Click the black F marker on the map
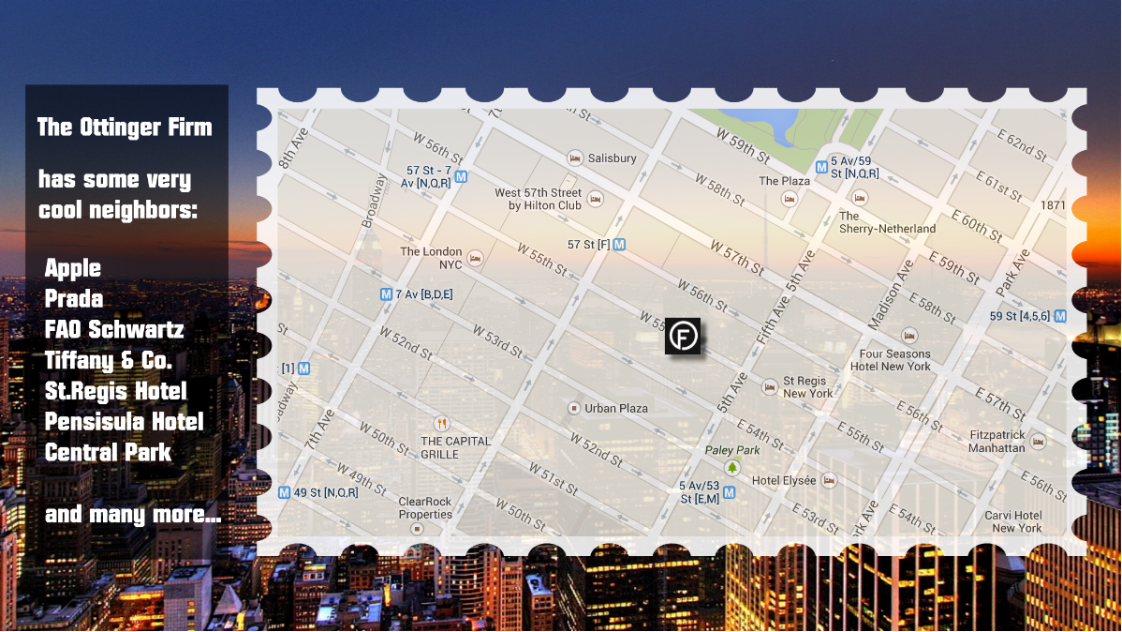(683, 336)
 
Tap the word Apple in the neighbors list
(73, 268)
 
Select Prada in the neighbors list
(74, 299)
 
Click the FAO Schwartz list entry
(114, 329)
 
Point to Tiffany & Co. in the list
(109, 360)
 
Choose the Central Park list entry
(109, 453)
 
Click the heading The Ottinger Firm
(125, 127)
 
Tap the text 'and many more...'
(133, 514)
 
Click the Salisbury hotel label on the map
(612, 158)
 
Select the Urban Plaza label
(616, 409)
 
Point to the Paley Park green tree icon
(731, 467)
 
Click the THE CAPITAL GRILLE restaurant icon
(441, 423)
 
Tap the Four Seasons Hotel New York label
(895, 360)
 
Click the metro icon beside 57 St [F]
(619, 245)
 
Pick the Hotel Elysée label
(784, 481)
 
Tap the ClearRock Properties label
(425, 507)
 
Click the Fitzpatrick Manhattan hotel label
(997, 442)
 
